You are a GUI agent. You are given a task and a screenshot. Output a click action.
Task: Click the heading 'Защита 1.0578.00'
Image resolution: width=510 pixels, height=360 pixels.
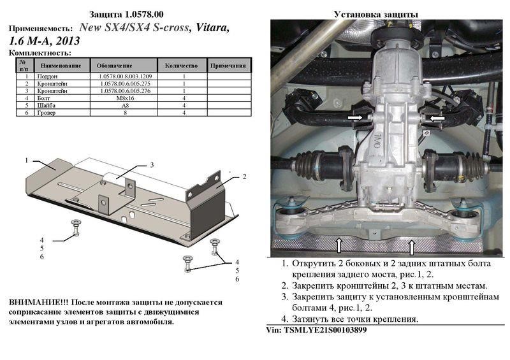point(126,14)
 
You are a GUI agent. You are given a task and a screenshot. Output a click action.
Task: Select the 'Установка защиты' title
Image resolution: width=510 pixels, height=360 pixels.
point(376,14)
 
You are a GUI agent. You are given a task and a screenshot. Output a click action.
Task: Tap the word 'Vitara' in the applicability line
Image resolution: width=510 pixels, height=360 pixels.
point(213,27)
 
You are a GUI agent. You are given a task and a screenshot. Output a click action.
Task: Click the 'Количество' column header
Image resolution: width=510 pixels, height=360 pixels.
point(181,66)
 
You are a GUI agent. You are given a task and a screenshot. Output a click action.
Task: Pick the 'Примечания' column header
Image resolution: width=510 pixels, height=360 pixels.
point(228,66)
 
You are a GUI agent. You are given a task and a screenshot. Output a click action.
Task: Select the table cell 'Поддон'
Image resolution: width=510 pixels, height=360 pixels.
point(47,76)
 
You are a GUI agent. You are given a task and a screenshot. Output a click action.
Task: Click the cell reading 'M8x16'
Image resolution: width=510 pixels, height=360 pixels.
point(125,98)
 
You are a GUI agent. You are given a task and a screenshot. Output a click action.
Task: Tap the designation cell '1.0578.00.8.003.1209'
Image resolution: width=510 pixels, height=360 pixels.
point(125,76)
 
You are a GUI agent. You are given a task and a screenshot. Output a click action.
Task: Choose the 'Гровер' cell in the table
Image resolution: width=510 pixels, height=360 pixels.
point(46,113)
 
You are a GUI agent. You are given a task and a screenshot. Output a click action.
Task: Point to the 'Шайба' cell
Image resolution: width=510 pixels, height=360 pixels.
point(46,105)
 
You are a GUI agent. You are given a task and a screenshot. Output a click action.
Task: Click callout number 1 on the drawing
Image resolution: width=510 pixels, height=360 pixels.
point(27,161)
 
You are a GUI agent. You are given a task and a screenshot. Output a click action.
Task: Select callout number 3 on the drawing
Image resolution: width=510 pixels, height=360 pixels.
point(152,165)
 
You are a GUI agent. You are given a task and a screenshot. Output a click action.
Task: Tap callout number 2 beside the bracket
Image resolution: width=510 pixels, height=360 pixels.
point(245,176)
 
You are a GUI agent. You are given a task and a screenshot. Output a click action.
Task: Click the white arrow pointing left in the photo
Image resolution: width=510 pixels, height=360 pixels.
point(437,119)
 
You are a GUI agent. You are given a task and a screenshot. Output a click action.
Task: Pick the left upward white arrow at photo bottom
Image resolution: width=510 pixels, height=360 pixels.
point(339,245)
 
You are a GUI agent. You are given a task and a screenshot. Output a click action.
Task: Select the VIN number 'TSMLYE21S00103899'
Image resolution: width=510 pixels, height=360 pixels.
point(325,330)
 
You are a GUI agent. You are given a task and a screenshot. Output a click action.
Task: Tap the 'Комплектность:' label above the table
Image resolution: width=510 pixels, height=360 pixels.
point(40,53)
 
